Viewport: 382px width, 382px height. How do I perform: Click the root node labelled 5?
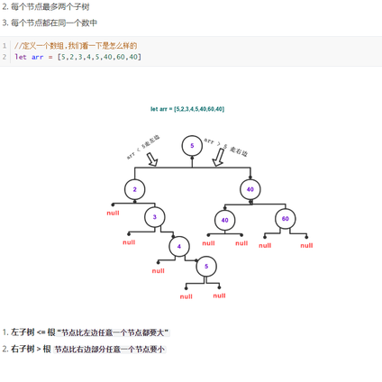coord(192,145)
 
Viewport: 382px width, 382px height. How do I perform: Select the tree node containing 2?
coord(134,189)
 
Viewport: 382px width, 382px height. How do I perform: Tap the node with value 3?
coord(155,217)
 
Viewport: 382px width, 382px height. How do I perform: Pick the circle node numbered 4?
coord(179,246)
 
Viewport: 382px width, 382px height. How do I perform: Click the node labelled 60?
coord(285,219)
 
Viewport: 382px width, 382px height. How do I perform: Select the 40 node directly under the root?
coord(250,189)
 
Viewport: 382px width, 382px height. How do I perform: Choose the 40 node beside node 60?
coord(225,220)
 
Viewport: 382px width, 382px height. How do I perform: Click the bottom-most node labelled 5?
coord(206,267)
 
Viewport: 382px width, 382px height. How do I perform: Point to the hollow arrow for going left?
coord(151,159)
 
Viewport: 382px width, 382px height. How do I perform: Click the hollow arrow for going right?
coord(218,158)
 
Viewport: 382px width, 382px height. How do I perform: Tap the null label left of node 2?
coord(113,214)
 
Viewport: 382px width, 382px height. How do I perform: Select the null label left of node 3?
coord(129,242)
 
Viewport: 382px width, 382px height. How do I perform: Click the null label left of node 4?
coord(158,270)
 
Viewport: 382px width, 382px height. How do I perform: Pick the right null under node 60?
coord(306,245)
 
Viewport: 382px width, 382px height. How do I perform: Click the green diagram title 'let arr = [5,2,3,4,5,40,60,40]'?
coord(187,109)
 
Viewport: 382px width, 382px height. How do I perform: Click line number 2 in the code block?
coord(5,57)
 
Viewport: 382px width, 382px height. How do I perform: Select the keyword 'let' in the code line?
coord(20,57)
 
